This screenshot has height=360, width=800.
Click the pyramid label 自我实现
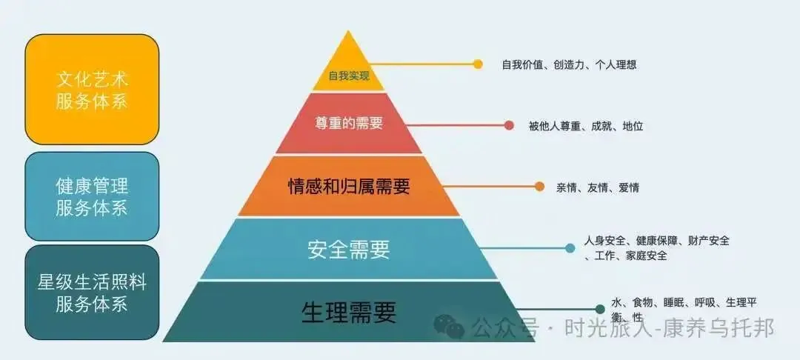(x=349, y=76)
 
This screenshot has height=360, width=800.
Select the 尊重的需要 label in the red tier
(x=349, y=124)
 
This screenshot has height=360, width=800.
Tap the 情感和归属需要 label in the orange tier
(x=349, y=186)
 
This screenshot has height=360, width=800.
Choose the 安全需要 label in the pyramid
(x=349, y=250)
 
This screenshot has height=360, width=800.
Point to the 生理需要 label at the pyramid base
(x=349, y=313)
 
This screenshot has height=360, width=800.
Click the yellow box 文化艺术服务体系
(x=92, y=90)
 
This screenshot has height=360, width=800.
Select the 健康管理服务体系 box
(x=92, y=196)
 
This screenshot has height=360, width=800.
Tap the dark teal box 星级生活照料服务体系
(x=92, y=293)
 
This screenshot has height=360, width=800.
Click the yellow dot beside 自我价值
(x=478, y=64)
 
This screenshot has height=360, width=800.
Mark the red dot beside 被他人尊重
(x=509, y=126)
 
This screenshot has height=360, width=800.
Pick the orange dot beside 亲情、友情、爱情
(x=539, y=187)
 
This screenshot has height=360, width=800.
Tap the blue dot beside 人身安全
(x=570, y=248)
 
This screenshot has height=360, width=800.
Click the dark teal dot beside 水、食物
(x=600, y=309)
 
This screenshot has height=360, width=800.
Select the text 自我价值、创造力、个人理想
(x=569, y=64)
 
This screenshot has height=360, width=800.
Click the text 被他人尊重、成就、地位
(x=586, y=126)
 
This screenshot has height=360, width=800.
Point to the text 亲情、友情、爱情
(x=598, y=187)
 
